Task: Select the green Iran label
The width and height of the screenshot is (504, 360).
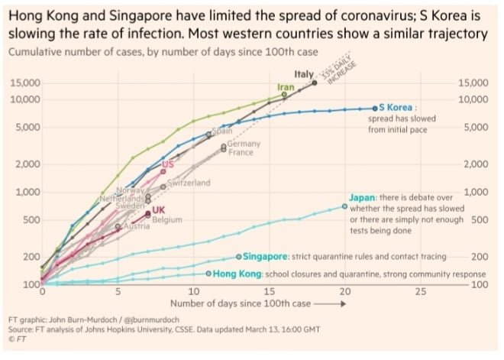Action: (x=286, y=88)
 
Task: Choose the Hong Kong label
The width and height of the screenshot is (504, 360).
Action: (x=237, y=274)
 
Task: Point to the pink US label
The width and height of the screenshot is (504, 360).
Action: (x=168, y=164)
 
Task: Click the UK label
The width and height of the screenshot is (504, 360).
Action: (x=159, y=210)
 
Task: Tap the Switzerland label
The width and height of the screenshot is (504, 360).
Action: (x=189, y=183)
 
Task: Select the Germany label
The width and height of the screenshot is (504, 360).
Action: (x=244, y=143)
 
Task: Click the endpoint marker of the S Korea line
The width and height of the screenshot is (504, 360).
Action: (x=375, y=108)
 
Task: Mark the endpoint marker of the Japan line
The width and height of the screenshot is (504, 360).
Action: (x=344, y=206)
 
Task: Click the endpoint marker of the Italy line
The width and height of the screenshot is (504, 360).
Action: (x=315, y=83)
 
